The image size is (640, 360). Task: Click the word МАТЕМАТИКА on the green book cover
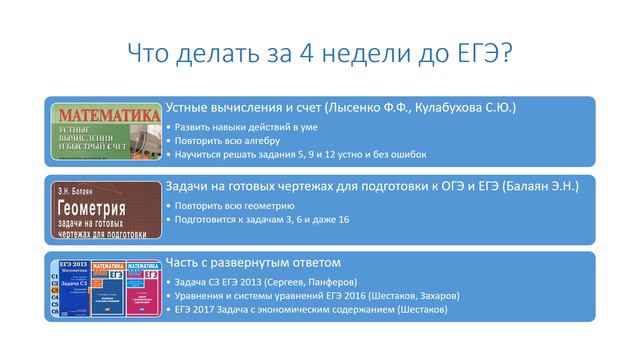107,115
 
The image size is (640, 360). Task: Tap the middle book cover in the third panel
105,288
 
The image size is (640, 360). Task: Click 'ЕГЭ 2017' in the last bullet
197,311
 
